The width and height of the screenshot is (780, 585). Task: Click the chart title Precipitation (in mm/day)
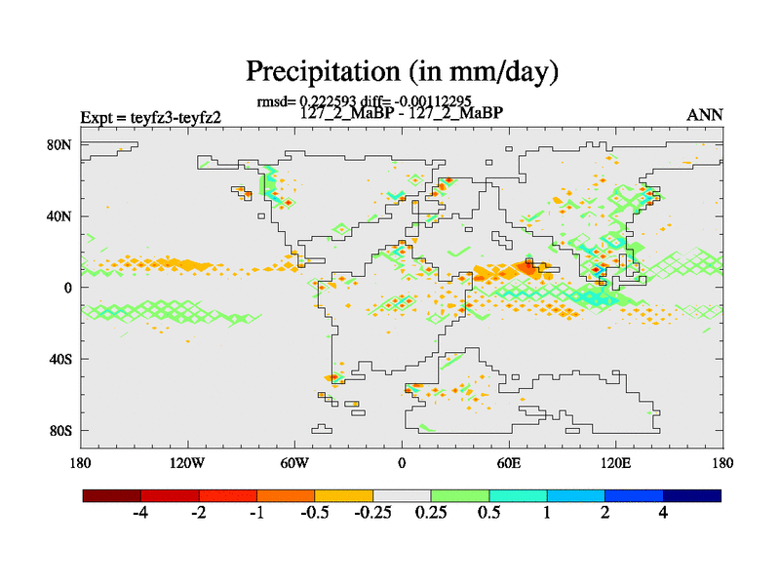point(402,71)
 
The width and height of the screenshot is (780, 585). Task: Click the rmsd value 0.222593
point(330,101)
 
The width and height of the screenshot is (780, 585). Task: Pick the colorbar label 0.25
point(430,514)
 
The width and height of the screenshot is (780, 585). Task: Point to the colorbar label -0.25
point(371,514)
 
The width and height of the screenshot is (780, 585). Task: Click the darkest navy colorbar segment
point(692,495)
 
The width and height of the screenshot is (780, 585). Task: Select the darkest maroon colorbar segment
point(112,495)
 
